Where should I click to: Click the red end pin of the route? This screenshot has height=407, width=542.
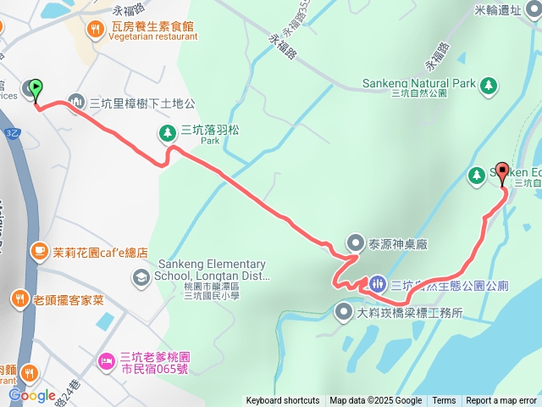tap(501, 172)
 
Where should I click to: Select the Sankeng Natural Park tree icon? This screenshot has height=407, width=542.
tap(489, 84)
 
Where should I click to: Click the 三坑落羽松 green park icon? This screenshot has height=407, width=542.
tap(167, 131)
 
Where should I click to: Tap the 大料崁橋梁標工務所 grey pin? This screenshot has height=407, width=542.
tap(344, 312)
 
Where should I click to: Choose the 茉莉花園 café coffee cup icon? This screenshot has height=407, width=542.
tap(39, 252)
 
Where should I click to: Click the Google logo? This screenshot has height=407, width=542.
tap(31, 395)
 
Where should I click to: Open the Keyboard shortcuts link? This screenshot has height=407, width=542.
tap(283, 401)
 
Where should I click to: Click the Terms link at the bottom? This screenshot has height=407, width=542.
tap(444, 401)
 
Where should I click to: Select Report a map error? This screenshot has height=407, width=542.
tap(501, 401)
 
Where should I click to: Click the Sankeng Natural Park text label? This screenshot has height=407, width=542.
tap(419, 84)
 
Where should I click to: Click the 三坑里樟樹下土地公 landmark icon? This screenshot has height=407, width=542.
tap(75, 103)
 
